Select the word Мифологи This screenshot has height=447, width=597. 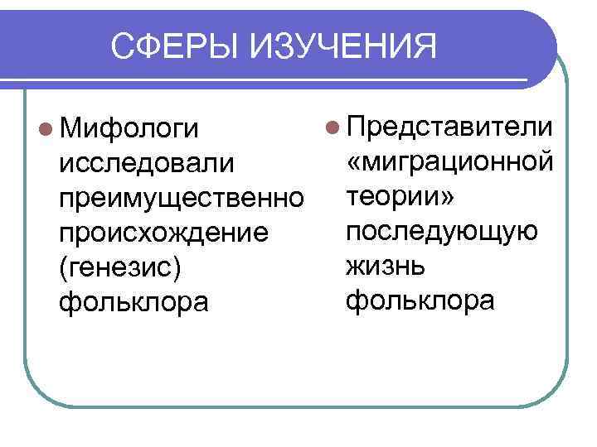pyautogui.click(x=131, y=130)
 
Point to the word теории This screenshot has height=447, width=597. pyautogui.click(x=393, y=197)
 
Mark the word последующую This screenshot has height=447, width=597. pyautogui.click(x=442, y=232)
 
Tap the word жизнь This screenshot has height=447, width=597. pyautogui.click(x=386, y=266)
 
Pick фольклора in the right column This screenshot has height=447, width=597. pyautogui.click(x=420, y=300)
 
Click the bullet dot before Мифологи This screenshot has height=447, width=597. pyautogui.click(x=45, y=130)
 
